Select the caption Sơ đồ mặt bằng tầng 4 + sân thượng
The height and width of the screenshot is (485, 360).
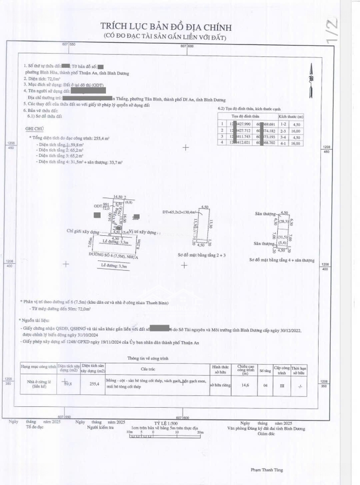point(282,260)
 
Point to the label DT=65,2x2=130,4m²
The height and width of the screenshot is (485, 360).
point(182,212)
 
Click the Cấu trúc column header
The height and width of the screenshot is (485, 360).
point(157,368)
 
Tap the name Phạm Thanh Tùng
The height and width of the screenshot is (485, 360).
point(267,470)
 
